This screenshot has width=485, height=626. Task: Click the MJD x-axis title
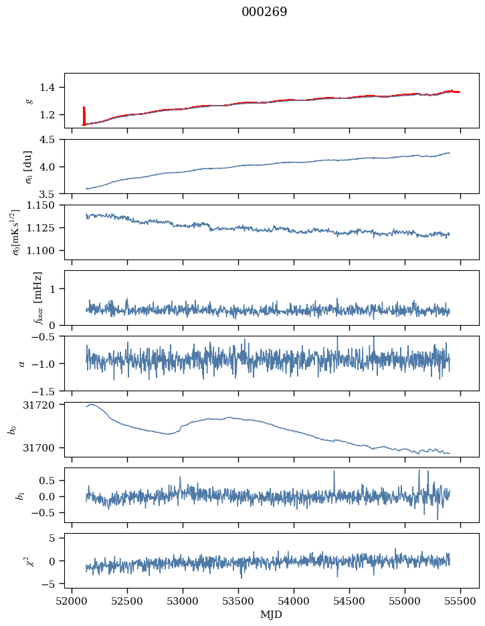[x=271, y=614]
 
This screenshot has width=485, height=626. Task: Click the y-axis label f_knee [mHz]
[x=37, y=298]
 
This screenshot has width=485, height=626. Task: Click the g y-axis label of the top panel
[x=29, y=100]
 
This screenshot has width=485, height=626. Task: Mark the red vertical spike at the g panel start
[x=84, y=115]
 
